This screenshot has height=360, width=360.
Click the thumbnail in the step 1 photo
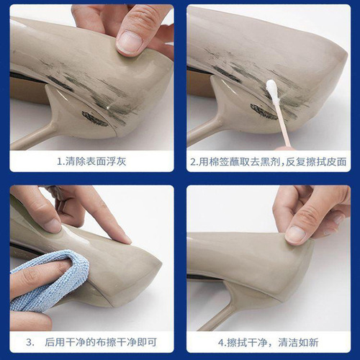point(130,42)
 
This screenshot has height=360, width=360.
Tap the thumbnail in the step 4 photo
point(296,233)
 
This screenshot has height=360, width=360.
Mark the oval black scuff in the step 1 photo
point(94,118)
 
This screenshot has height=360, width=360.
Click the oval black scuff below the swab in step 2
point(264,111)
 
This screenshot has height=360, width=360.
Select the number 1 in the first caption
point(60,162)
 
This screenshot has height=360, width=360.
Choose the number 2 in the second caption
point(193,162)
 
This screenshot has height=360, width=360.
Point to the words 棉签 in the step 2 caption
point(220,162)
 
